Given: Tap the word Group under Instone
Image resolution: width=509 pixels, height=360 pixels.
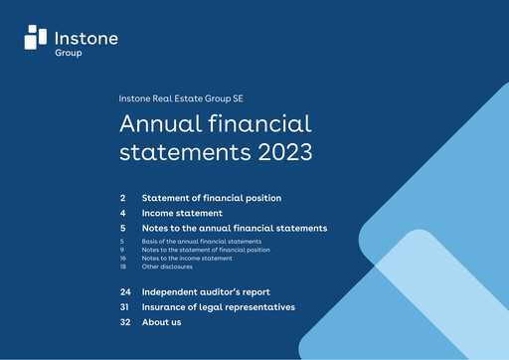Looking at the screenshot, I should (x=69, y=53).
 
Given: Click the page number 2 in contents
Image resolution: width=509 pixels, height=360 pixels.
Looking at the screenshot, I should (x=122, y=198).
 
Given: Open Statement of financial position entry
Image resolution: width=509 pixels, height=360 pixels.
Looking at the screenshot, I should (x=212, y=198).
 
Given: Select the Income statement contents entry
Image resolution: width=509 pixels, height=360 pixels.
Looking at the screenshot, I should (x=182, y=213).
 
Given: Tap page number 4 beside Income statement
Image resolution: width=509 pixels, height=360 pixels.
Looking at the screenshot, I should (x=122, y=213).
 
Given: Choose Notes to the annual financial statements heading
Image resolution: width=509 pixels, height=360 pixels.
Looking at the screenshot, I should (x=235, y=228).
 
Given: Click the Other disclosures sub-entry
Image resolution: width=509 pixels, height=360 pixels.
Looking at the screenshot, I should (x=167, y=267).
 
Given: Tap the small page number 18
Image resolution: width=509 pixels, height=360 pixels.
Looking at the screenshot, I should (x=123, y=267).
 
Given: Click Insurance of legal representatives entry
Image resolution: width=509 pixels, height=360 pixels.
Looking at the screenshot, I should (x=219, y=307).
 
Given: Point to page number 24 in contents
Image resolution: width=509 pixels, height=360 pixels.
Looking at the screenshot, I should (x=125, y=292).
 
